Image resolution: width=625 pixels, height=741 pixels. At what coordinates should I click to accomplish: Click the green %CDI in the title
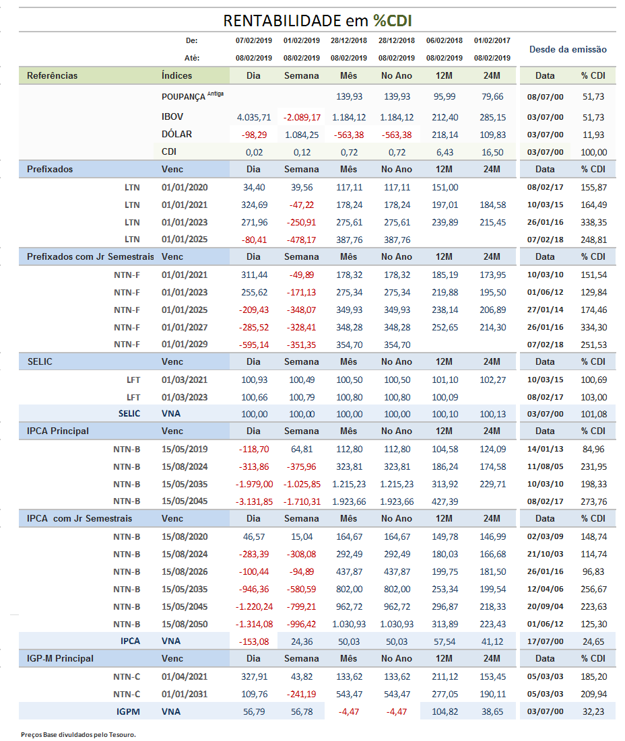393,21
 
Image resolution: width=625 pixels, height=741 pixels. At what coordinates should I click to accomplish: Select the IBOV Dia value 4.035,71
254,117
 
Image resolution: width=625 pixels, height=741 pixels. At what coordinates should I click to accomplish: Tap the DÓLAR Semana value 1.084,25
302,135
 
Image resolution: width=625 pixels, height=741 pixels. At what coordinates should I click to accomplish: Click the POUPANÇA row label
183,96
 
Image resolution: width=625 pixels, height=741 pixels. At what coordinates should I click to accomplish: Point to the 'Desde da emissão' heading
568,49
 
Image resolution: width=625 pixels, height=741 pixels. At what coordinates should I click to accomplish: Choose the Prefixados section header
50,169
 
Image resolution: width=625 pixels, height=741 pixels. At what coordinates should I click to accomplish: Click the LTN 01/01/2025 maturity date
185,240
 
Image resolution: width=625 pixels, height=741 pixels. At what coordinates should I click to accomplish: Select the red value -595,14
254,345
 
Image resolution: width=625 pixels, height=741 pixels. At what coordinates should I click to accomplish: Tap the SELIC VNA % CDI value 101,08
594,414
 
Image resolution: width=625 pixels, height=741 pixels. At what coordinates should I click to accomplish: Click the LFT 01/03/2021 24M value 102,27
492,380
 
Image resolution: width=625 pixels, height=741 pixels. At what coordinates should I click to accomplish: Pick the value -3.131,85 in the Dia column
254,501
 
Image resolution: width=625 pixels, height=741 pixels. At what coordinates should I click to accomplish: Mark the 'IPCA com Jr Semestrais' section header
79,518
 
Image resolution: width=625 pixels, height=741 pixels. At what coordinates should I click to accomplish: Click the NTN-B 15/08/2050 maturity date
185,625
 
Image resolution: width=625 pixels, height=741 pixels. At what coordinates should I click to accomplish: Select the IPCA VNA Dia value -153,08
254,642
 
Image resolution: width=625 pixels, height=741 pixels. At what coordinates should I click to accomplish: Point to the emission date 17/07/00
545,642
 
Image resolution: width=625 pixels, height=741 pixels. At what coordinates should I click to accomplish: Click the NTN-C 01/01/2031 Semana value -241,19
302,694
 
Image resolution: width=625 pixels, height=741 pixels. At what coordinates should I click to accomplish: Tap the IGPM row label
128,711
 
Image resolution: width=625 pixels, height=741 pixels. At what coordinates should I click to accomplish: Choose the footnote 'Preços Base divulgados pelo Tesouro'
79,734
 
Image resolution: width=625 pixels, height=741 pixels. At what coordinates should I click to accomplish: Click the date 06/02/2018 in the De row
445,40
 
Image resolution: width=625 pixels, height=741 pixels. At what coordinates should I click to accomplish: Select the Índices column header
177,75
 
